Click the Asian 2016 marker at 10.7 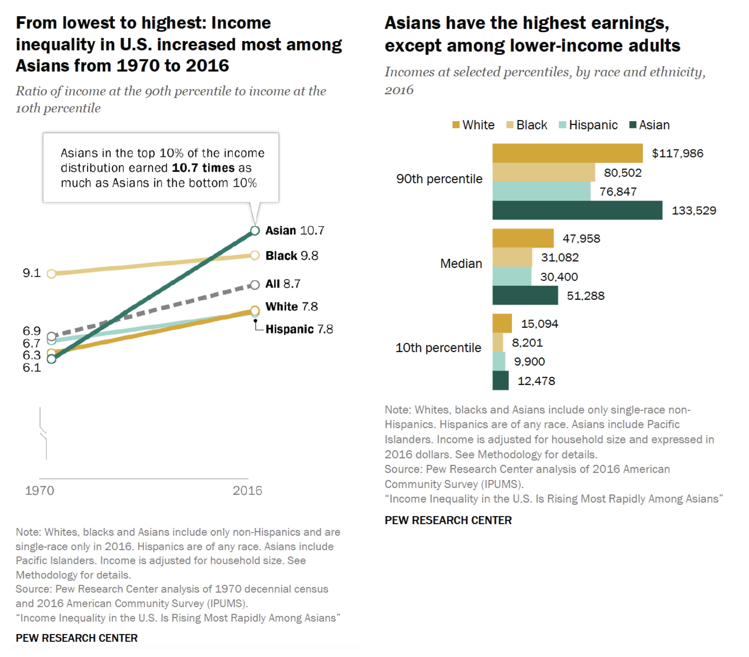pos(255,231)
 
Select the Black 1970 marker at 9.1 pos(52,274)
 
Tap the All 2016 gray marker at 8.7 pos(255,285)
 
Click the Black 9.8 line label pos(292,256)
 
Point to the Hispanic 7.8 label pos(299,329)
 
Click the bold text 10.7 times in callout pos(203,168)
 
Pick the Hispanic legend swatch pos(563,125)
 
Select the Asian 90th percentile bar pos(577,210)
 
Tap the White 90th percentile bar pos(567,153)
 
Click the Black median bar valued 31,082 pos(512,257)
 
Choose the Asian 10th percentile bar pos(500,381)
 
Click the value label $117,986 pos(677,153)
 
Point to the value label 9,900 pos(529,362)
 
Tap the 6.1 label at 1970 pos(32,368)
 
